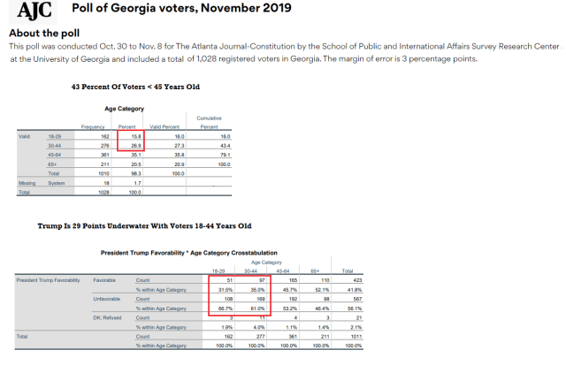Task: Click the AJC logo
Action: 34,12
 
